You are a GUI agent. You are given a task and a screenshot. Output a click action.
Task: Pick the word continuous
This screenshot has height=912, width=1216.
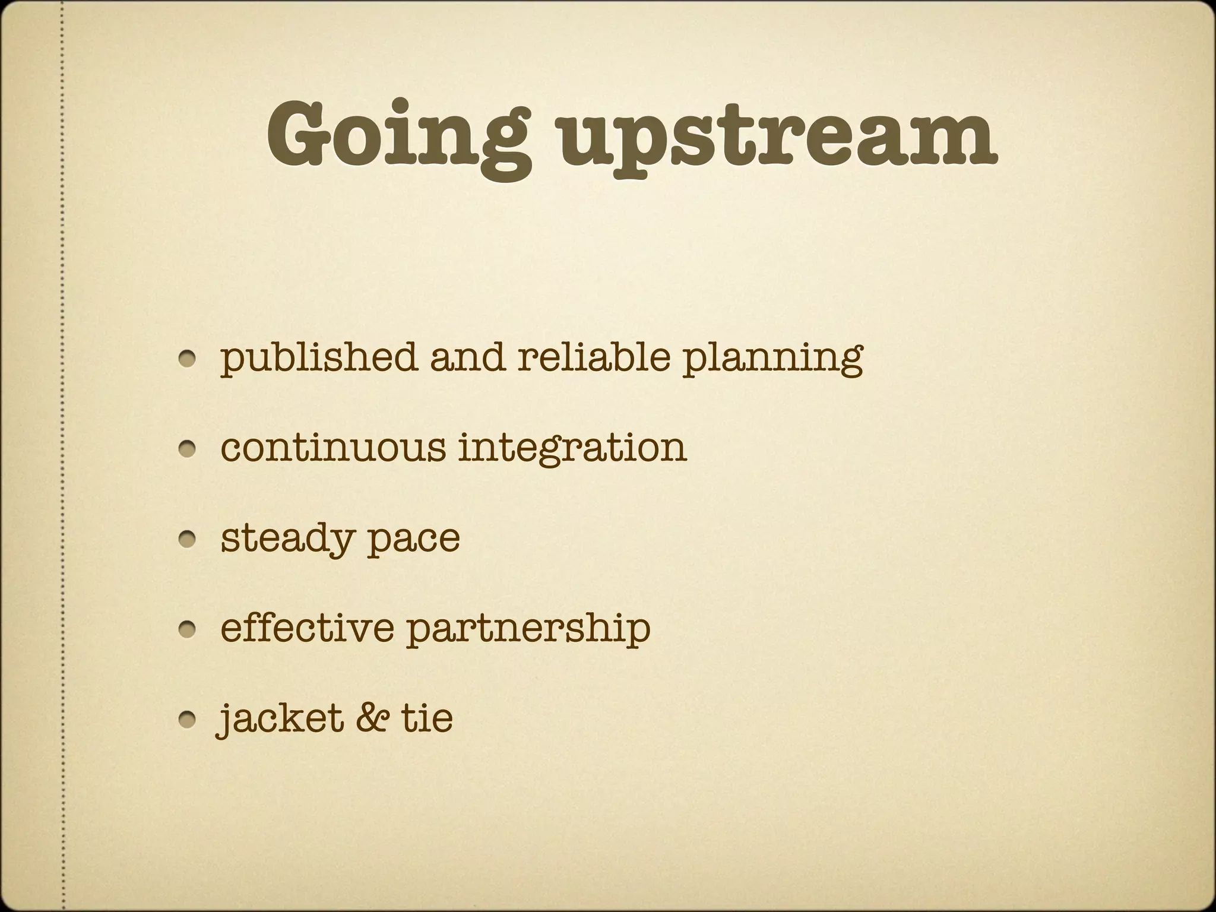[332, 446]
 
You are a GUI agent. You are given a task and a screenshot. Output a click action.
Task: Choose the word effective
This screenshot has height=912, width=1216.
[307, 627]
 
